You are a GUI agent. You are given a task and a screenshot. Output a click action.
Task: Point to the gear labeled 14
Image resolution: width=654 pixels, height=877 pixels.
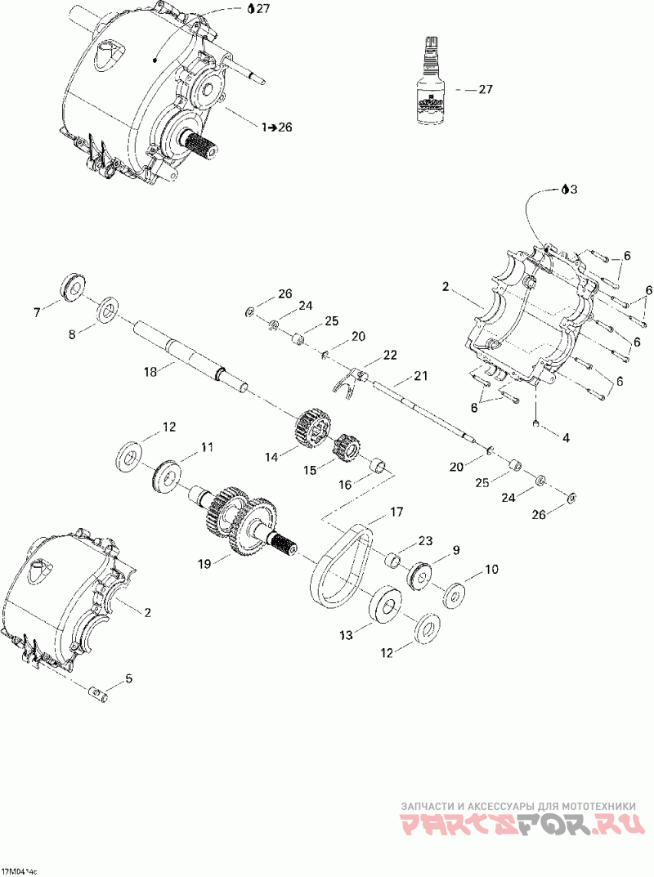point(311,427)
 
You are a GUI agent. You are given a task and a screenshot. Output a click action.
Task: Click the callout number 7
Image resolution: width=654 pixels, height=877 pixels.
point(36,311)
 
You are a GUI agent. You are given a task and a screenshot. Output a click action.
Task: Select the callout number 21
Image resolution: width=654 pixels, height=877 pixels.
point(420,377)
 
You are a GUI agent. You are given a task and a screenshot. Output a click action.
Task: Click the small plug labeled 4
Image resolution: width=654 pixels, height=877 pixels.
point(535,423)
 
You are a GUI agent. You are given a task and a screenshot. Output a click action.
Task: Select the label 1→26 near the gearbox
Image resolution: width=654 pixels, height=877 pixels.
point(276,127)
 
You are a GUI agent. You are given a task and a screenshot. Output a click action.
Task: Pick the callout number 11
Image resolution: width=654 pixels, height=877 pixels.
point(207,447)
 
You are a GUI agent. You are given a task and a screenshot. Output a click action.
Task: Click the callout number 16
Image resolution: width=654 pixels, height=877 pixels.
point(345,485)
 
